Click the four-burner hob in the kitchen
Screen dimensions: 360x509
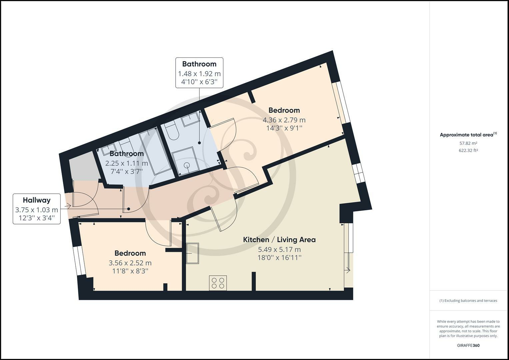coord(218,283)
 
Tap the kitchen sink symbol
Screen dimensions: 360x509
coord(192,253)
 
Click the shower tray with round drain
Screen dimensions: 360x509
coord(185,161)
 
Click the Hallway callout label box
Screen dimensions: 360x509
coord(37,209)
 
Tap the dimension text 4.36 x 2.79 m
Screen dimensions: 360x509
coord(284,120)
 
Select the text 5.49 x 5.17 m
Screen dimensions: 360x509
coord(279,249)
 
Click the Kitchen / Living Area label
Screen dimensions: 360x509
coord(279,240)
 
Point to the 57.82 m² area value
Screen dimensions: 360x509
coord(468,143)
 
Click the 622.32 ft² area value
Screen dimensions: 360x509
coord(468,150)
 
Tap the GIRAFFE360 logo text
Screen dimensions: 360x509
coord(468,345)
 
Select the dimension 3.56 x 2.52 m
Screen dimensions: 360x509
coord(130,263)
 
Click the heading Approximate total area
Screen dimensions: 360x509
coord(466,135)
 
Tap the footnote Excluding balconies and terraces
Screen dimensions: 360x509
coord(468,301)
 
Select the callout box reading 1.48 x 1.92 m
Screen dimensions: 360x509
coord(199,73)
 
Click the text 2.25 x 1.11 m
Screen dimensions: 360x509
coord(127,163)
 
